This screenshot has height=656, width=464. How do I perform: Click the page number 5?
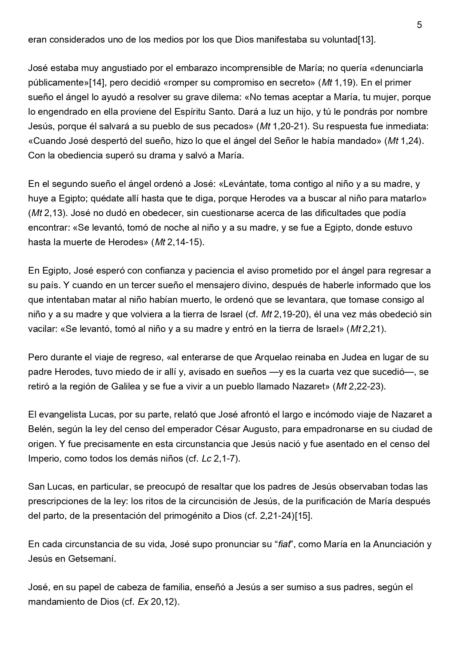pos(419,25)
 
